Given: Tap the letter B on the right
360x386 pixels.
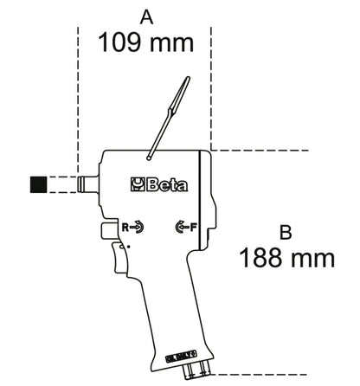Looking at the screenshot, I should click(x=286, y=231).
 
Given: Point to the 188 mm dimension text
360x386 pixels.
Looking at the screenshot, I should click(x=286, y=257).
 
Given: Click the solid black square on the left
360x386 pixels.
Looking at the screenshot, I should click(x=38, y=183).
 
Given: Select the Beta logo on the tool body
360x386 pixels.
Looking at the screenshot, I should click(x=153, y=183).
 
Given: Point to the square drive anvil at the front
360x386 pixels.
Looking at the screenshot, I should click(x=87, y=183).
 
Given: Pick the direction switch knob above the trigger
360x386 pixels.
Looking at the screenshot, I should click(x=107, y=231).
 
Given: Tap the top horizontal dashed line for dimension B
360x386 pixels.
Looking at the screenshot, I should click(x=260, y=151).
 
